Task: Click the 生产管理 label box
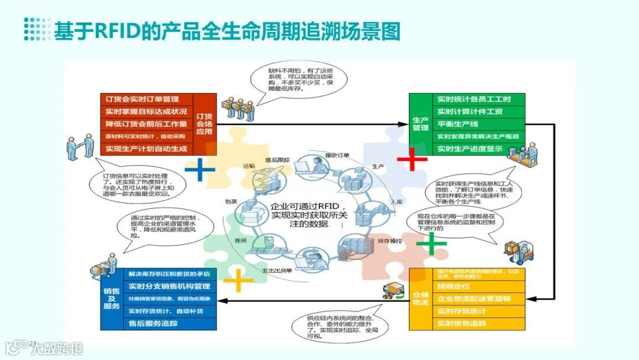coord(420,124)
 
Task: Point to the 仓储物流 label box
coord(420,298)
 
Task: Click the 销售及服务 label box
coord(111,298)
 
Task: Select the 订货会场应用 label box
coord(204,124)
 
